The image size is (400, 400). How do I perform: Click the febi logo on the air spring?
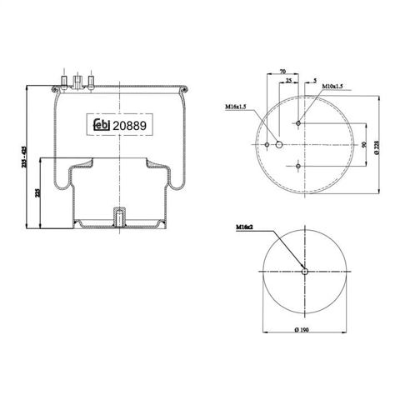point(102,125)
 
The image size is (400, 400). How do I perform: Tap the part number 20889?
point(129,126)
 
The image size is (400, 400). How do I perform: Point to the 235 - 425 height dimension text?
point(23,157)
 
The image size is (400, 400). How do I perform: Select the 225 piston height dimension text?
point(37,192)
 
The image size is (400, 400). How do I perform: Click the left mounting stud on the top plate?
point(63,82)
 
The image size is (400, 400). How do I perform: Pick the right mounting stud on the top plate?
point(91,82)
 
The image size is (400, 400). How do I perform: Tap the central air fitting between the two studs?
point(77,82)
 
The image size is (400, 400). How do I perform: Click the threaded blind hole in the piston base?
point(119,218)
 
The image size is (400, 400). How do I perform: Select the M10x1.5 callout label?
point(332,86)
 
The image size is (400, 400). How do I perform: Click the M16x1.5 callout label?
point(236,107)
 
